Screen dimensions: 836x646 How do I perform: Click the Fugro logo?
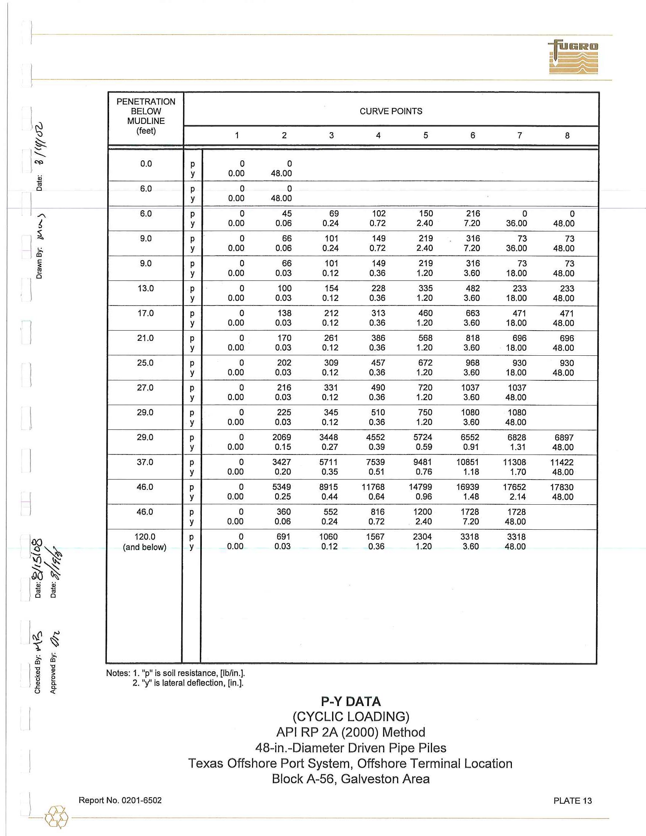pyautogui.click(x=573, y=57)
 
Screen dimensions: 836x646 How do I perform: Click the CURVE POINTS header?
pyautogui.click(x=391, y=111)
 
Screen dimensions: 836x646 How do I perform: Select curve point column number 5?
pyautogui.click(x=426, y=135)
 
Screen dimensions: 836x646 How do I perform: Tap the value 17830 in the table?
pyautogui.click(x=562, y=487)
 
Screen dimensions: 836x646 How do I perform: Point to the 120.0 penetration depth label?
pyautogui.click(x=145, y=537)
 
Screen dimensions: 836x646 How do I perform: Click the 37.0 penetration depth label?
pyautogui.click(x=145, y=462)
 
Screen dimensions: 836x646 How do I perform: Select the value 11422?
pyautogui.click(x=562, y=462)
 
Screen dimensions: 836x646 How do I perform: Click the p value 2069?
pyautogui.click(x=282, y=437)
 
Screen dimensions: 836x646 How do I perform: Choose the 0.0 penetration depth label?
pyautogui.click(x=146, y=164)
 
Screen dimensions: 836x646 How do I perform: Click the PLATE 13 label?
pyautogui.click(x=572, y=801)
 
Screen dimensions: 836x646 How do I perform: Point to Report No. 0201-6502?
pyautogui.click(x=120, y=800)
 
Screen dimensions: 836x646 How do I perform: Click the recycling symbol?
pyautogui.click(x=56, y=817)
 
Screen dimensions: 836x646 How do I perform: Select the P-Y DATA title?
pyautogui.click(x=351, y=701)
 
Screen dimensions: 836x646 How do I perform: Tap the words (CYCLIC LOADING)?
pyautogui.click(x=351, y=717)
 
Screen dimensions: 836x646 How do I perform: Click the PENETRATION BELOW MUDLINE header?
pyautogui.click(x=146, y=116)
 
